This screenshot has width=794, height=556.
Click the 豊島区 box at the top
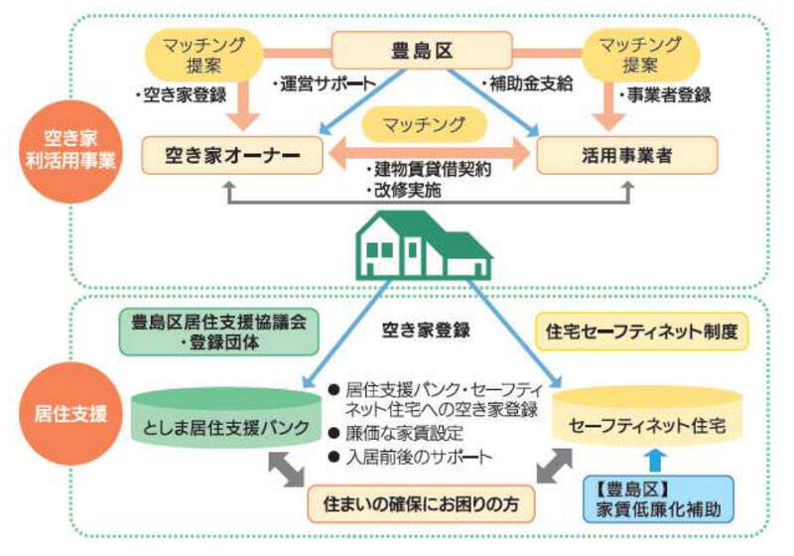pyautogui.click(x=422, y=49)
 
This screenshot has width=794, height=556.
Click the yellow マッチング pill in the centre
pyautogui.click(x=425, y=124)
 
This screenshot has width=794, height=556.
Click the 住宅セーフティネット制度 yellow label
pyautogui.click(x=641, y=332)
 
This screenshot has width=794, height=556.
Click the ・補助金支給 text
pyautogui.click(x=527, y=84)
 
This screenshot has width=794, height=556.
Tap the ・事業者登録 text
pyautogui.click(x=662, y=96)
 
